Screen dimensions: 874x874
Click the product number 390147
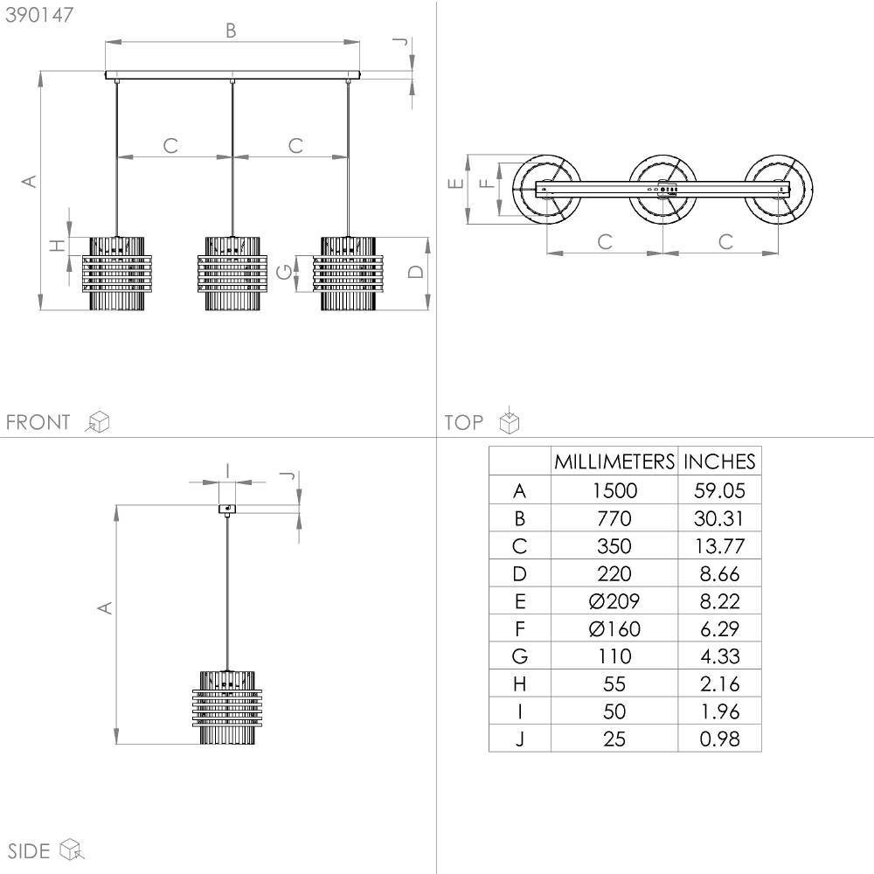(x=39, y=15)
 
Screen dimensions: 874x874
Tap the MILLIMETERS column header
(x=614, y=461)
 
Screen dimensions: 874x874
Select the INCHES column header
(x=719, y=461)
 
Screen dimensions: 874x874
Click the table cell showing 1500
(x=614, y=490)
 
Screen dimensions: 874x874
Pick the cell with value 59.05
(x=719, y=490)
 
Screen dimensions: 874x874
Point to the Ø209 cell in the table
(x=614, y=601)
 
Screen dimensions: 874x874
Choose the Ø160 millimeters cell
(x=614, y=628)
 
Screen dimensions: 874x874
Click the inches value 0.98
(x=719, y=739)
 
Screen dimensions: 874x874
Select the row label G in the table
(x=519, y=656)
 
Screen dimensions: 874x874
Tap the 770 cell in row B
(x=614, y=518)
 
